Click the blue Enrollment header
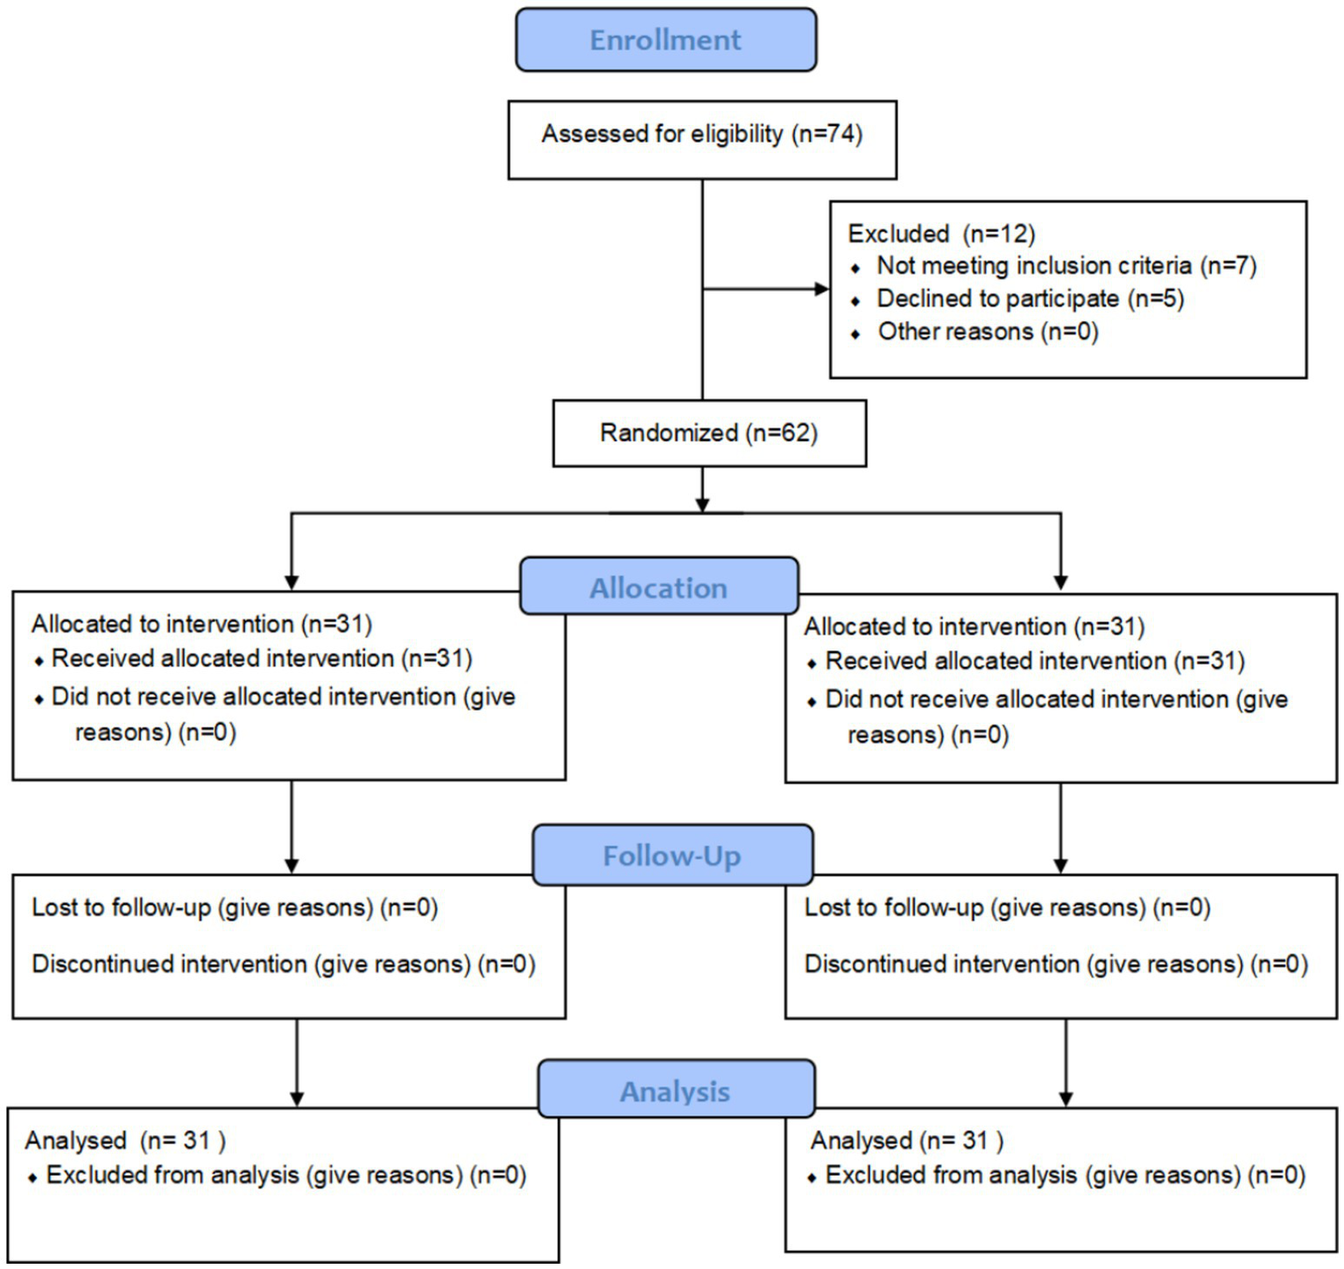click(665, 40)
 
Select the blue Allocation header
click(658, 587)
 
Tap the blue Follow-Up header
click(672, 855)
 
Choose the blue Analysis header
click(675, 1090)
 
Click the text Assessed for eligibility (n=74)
click(701, 134)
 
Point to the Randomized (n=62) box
click(708, 433)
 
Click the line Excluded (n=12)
click(941, 234)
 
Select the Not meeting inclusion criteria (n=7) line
click(1066, 266)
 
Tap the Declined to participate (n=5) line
click(1030, 299)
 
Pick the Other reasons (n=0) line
click(988, 332)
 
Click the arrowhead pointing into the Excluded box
click(821, 289)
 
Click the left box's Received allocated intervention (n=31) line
click(261, 658)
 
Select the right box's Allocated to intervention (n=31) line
click(974, 627)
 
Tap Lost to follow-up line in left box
click(234, 908)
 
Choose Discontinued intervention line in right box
click(1055, 964)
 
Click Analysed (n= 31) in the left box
click(125, 1140)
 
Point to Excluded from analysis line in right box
click(1065, 1174)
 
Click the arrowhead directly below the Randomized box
click(702, 504)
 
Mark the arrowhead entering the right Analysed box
click(1066, 1098)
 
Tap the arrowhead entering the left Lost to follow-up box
click(292, 865)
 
